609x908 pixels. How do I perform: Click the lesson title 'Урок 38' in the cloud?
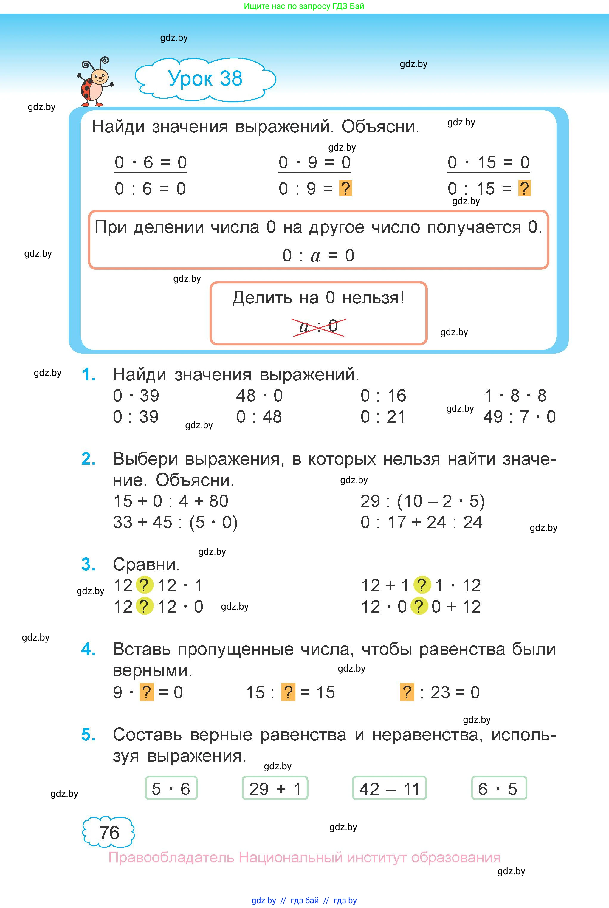tap(205, 79)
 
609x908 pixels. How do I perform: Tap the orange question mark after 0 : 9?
tap(345, 188)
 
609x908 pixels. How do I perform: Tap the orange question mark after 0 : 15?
tap(524, 188)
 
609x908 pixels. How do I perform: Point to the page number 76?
tap(109, 833)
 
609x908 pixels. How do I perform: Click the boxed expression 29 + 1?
tap(275, 789)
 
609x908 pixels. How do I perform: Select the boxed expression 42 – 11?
tap(389, 789)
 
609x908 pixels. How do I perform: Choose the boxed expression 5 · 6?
tap(171, 789)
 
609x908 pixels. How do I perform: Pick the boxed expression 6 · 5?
tap(498, 789)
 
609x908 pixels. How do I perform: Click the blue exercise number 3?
tap(89, 564)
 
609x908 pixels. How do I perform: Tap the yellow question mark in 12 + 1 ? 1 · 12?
tap(422, 585)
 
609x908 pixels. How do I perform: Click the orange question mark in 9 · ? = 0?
tap(146, 692)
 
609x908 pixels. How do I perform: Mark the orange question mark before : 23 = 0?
tap(407, 692)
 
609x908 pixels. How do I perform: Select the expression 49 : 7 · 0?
tap(519, 417)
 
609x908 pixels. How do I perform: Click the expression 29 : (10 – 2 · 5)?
tap(422, 501)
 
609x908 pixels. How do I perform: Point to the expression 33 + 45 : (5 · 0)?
tap(175, 522)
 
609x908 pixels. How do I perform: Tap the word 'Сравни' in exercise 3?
tap(146, 564)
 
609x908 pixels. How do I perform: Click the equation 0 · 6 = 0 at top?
tap(151, 162)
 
